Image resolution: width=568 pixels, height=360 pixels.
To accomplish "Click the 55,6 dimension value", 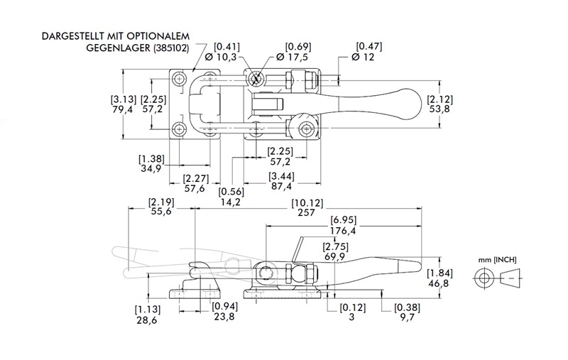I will pos(160,212).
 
